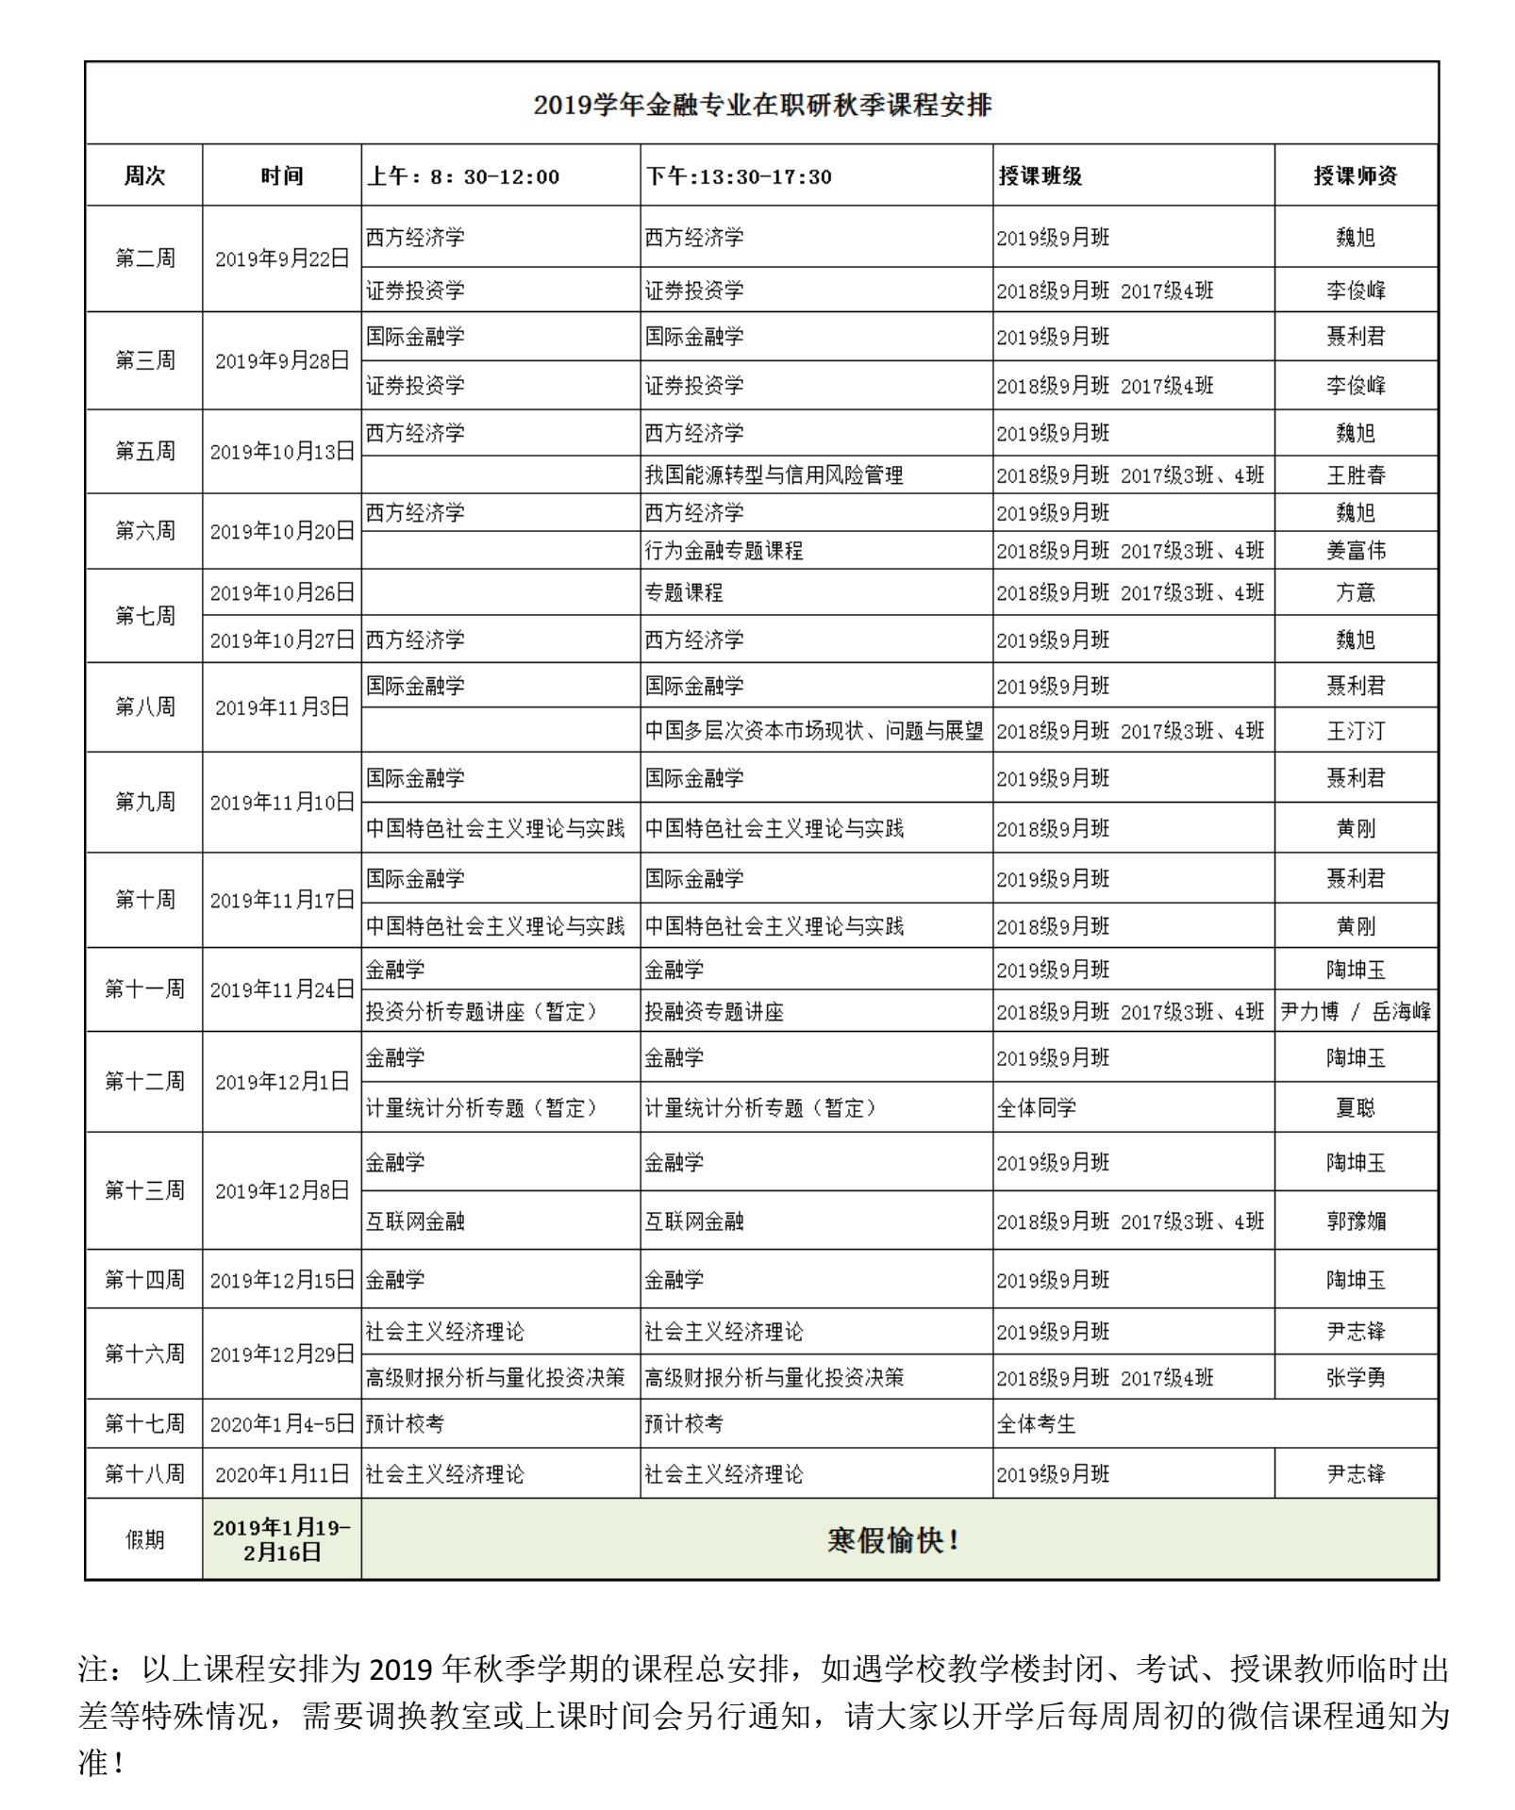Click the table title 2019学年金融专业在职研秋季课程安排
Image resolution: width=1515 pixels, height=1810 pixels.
761,105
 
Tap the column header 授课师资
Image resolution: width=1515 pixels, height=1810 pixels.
1355,176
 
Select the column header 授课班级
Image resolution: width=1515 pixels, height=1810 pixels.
1040,176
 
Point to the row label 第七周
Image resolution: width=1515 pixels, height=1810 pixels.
144,616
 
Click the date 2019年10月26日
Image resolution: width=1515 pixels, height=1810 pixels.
281,593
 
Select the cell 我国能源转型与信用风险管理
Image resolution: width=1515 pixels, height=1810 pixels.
774,475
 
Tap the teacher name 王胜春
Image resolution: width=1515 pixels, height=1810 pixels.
1356,475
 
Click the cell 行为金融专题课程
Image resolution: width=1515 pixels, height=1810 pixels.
724,551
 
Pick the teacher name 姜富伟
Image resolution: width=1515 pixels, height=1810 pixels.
1356,551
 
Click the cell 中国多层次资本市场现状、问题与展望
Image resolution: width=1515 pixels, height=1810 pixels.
814,731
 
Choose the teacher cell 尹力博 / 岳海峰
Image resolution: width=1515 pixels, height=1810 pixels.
1355,1012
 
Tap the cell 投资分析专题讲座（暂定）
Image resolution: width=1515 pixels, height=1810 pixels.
481,1012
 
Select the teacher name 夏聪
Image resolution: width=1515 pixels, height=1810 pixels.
1356,1108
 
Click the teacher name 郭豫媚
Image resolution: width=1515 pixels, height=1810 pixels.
1356,1221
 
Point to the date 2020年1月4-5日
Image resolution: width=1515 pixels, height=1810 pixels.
281,1424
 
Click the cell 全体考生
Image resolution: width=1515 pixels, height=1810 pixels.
1036,1424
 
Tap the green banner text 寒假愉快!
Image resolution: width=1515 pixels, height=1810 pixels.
892,1540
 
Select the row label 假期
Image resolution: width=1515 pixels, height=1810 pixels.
144,1540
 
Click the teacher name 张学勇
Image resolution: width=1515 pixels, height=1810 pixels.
1356,1378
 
